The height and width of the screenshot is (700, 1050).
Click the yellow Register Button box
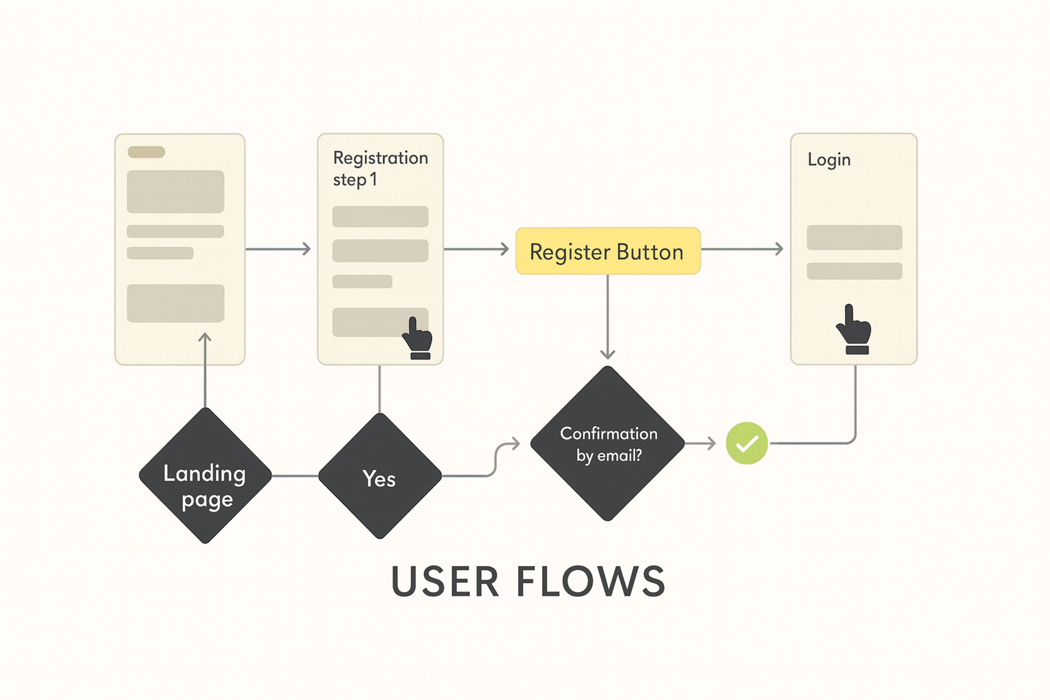coord(608,251)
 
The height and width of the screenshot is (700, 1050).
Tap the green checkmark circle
coord(746,443)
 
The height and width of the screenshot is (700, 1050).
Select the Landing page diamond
coord(205,476)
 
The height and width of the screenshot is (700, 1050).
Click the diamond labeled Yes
coord(380,476)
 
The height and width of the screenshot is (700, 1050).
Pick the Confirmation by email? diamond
coord(608,443)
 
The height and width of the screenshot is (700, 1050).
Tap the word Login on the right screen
coord(829,160)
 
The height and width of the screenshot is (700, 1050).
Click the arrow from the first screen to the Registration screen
coord(278,249)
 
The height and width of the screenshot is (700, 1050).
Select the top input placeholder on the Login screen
coord(854,238)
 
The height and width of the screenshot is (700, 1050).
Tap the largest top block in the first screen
coord(176,191)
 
